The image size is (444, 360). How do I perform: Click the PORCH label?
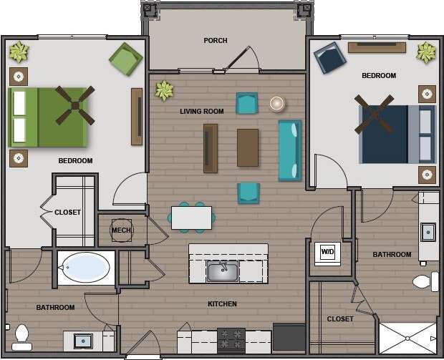click(215, 41)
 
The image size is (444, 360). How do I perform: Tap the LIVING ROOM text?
click(201, 112)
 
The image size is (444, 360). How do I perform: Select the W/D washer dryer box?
click(327, 253)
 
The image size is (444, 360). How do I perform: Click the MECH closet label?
click(121, 230)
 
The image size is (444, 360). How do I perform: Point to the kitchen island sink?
click(222, 271)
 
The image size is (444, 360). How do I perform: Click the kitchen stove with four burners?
click(231, 339)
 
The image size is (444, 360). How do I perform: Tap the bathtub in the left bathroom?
click(85, 268)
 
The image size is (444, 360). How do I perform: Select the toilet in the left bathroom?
click(21, 336)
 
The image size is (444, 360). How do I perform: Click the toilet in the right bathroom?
click(425, 281)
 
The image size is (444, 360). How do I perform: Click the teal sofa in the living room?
click(289, 150)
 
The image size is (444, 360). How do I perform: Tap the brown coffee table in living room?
click(248, 147)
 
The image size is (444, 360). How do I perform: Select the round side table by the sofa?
click(277, 104)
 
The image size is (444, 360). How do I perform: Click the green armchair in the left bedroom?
click(125, 59)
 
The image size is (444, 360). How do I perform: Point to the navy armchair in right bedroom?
click(330, 58)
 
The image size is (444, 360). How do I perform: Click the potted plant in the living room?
click(165, 90)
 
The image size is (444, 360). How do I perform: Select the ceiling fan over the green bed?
click(74, 105)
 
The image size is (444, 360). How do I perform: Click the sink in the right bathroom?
click(428, 231)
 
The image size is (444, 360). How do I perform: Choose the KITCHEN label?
click(222, 304)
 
